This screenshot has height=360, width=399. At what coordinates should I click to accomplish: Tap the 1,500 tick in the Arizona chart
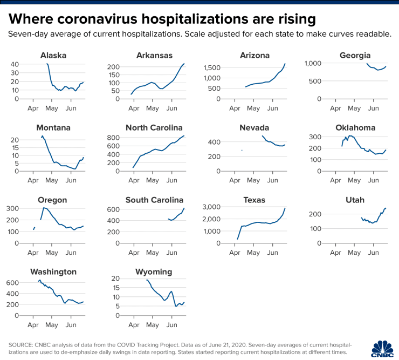(x=213, y=67)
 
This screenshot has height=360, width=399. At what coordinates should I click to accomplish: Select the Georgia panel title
(x=355, y=55)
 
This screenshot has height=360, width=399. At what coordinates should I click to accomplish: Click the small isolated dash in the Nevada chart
(x=242, y=150)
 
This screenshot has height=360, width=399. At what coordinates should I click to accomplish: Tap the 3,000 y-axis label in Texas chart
(x=210, y=207)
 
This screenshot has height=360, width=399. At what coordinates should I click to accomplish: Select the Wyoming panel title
(x=154, y=271)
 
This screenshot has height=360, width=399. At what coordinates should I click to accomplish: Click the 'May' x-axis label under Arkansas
(x=153, y=108)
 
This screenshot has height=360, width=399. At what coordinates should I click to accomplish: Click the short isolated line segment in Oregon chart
(x=34, y=228)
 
